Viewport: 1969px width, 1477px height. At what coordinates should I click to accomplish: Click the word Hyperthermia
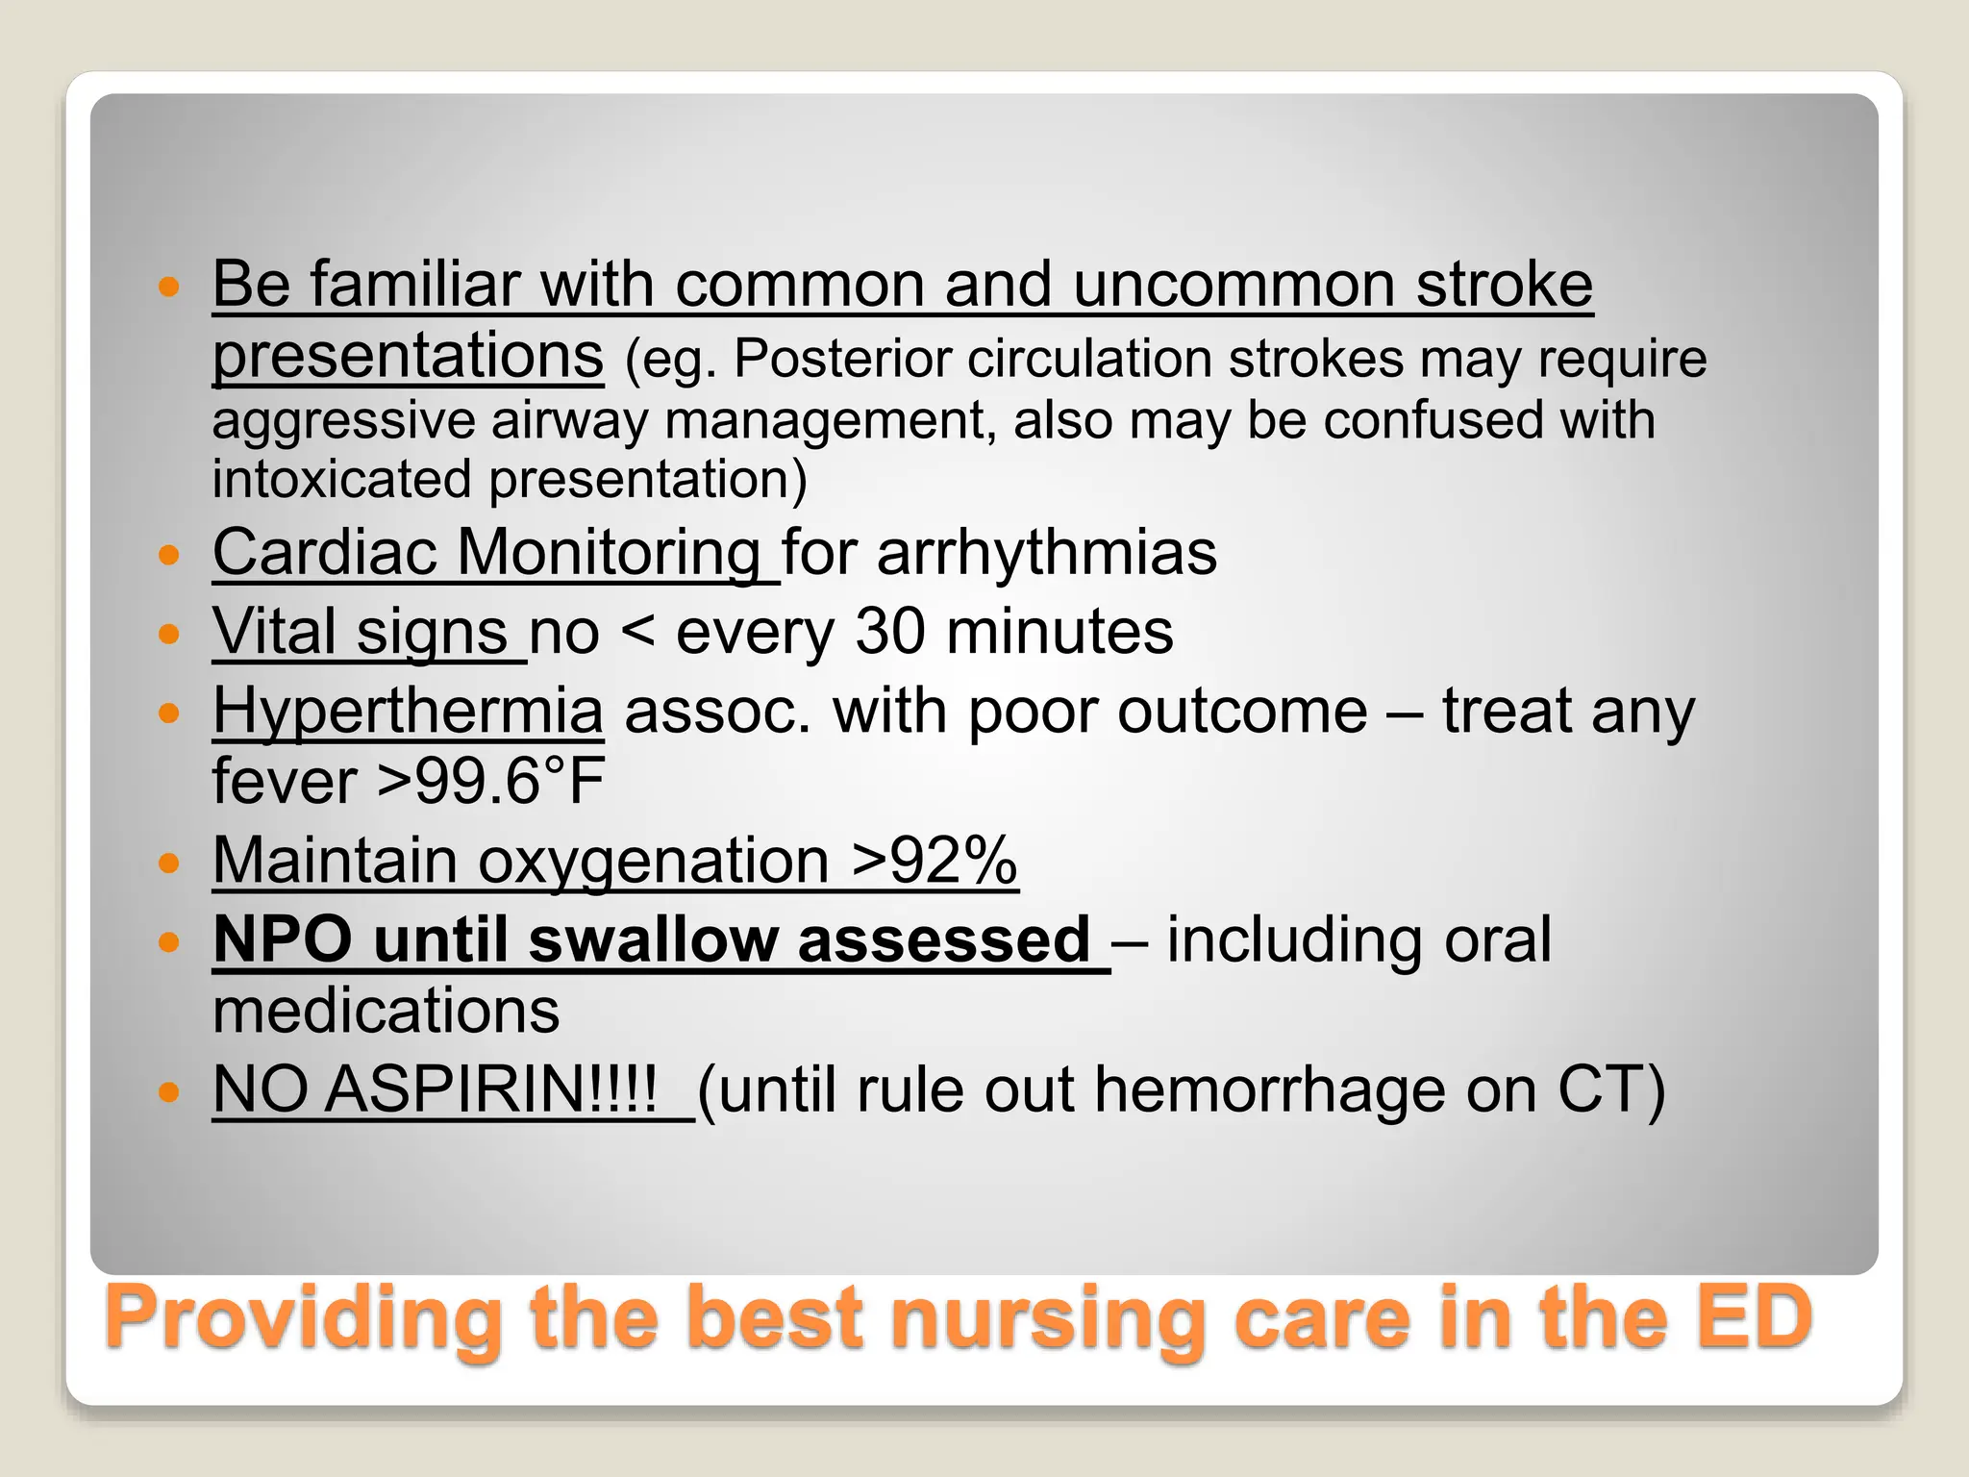pos(408,713)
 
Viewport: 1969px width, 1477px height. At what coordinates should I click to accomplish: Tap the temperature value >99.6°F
pos(490,781)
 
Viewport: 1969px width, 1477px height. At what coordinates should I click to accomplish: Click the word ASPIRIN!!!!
pos(490,1090)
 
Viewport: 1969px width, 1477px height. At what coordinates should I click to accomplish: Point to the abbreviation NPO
pos(283,939)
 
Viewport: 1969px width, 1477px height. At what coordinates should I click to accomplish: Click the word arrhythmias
pos(1047,553)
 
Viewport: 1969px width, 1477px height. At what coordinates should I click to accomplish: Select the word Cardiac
pos(325,553)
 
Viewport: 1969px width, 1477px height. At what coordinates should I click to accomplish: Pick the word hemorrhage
pos(1270,1090)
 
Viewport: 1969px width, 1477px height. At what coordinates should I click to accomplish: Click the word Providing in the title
pos(303,1320)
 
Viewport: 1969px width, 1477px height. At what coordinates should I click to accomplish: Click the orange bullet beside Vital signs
pos(169,634)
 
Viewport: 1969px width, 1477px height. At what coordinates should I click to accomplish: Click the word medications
pos(386,1012)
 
